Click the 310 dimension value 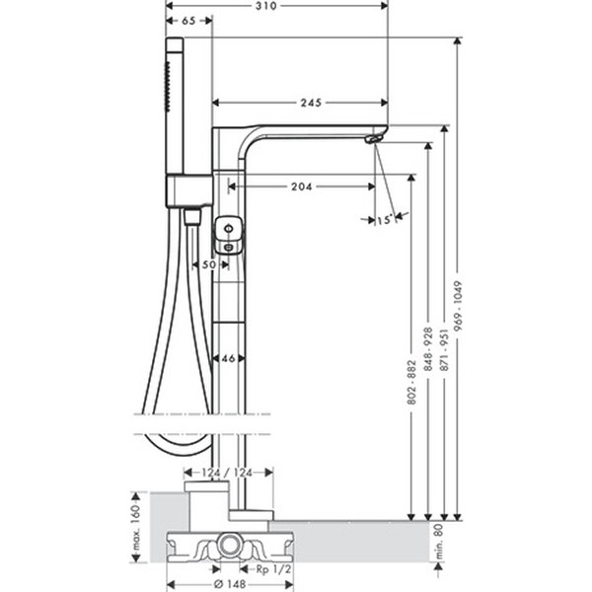(x=266, y=6)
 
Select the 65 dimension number (x=188, y=21)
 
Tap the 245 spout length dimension (x=311, y=103)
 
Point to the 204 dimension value (x=302, y=186)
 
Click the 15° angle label (x=385, y=219)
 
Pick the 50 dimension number (x=209, y=264)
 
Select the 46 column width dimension (x=228, y=358)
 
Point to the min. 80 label (x=439, y=542)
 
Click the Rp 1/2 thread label (x=273, y=569)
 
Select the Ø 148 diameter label (x=230, y=584)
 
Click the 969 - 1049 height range (x=458, y=306)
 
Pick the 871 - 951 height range (x=445, y=349)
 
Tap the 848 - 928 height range (x=428, y=349)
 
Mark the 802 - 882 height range (x=411, y=383)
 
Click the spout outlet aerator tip (x=372, y=140)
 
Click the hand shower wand (x=175, y=106)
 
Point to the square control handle (x=229, y=235)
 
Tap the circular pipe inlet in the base (x=229, y=546)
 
